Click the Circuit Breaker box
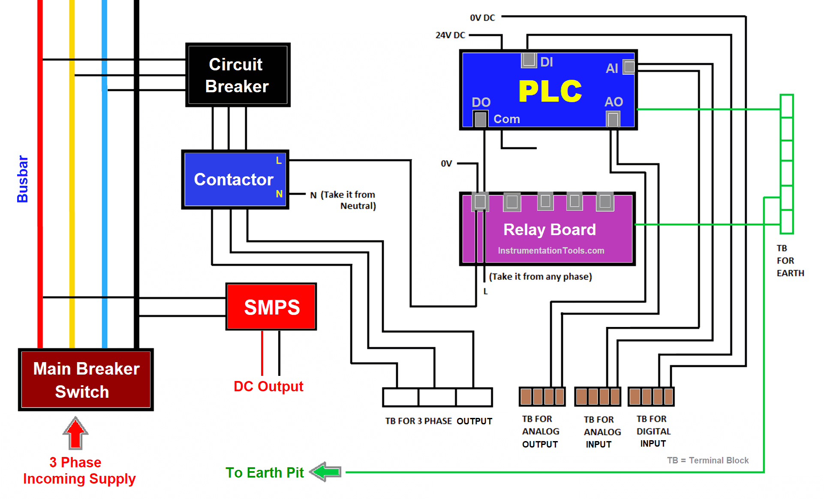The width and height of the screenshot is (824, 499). coord(238,75)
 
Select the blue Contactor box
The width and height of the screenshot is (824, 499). coord(235,179)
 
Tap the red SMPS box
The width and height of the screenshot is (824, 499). coord(271,307)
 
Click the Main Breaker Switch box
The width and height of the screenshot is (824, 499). coord(86,380)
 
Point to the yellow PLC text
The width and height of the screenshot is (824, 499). coord(550,91)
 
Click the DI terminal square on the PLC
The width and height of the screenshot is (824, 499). coord(529,60)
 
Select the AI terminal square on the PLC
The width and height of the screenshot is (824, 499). coord(629,67)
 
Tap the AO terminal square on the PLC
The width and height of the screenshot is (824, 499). coord(613,119)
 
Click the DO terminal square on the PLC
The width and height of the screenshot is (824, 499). coord(480,119)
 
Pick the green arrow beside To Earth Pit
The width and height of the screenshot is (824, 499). coord(326,472)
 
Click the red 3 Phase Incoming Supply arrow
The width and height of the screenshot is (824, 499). coord(75,433)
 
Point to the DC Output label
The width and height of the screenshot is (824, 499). coord(268,386)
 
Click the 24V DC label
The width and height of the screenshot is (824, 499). coord(450,35)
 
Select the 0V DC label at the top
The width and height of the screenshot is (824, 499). coord(482,18)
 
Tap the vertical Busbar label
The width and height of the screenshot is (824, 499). coord(22,179)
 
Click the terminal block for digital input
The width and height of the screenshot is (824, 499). coord(651,396)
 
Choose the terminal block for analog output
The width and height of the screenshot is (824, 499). coord(542,396)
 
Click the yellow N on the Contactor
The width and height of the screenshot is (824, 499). coord(279,194)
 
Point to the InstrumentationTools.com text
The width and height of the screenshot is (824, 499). coord(551,251)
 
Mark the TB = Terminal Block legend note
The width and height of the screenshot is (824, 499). coord(707,460)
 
